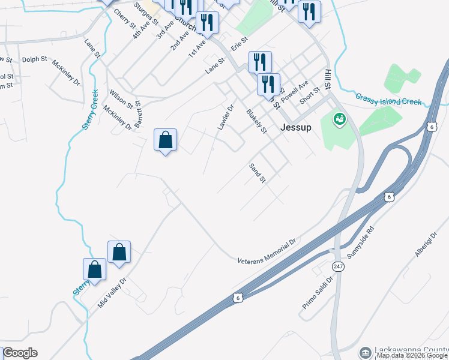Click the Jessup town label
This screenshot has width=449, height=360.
tap(296, 127)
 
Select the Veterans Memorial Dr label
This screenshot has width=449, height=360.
tap(267, 252)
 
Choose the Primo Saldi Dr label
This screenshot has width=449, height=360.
tap(318, 293)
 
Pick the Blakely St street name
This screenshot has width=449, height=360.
tap(256, 121)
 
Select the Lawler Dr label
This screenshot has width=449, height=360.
tap(225, 118)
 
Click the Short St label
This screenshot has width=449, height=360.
tap(310, 94)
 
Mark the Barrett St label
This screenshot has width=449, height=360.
tap(139, 113)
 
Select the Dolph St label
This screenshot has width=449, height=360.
tap(34, 59)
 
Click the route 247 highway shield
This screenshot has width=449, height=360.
tap(339, 265)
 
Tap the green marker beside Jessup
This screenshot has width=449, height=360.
tap(340, 119)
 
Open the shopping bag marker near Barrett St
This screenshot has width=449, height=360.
tap(166, 140)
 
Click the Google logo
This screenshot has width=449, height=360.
tap(20, 353)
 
